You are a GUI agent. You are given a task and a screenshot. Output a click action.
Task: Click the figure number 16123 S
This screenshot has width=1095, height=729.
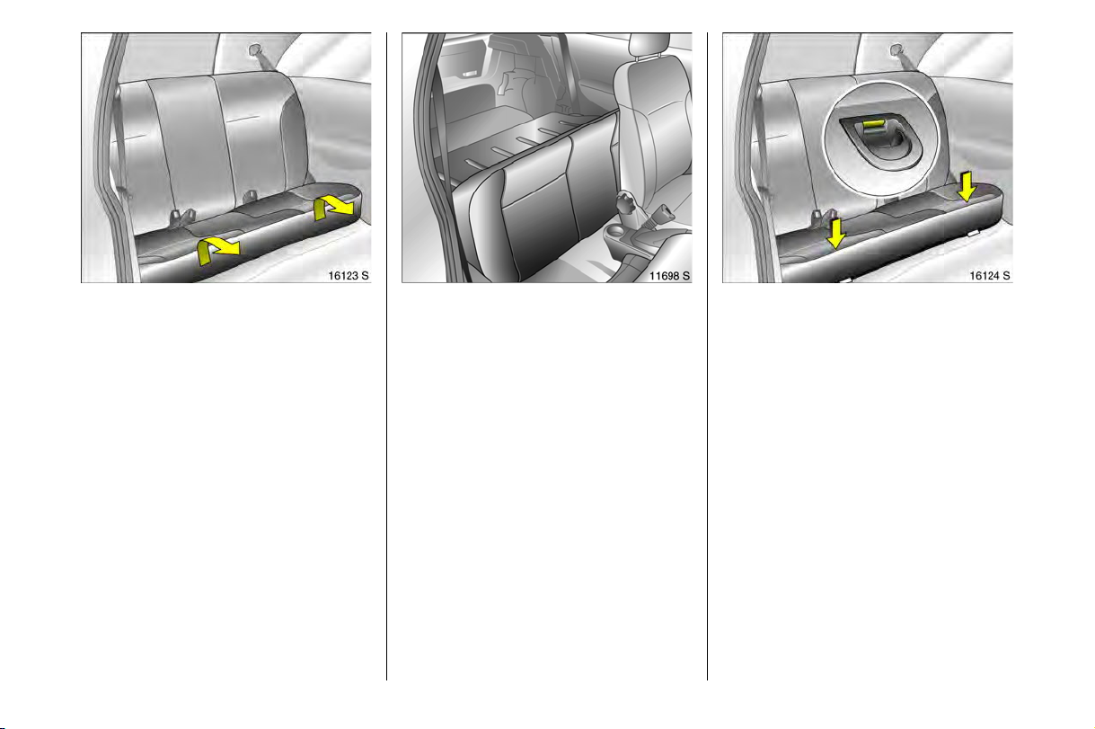coord(348,276)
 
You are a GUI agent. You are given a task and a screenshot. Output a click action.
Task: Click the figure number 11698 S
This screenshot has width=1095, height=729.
coord(669,276)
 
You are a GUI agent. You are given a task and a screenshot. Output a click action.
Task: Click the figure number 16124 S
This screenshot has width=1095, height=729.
coord(990,276)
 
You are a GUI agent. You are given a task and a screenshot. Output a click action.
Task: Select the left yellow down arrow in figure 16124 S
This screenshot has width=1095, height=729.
coord(836,234)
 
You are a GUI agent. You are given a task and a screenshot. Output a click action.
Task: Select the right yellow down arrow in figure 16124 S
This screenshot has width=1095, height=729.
coord(967,186)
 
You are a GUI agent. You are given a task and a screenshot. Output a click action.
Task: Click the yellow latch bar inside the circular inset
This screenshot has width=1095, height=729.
coord(873,124)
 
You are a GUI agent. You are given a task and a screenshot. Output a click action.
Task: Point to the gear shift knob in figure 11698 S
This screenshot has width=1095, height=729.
coord(626,202)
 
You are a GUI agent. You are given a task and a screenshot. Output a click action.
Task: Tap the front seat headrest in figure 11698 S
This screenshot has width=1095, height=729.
coord(649,45)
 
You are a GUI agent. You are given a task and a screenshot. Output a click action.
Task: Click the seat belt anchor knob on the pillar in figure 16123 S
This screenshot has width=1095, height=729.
coord(255,49)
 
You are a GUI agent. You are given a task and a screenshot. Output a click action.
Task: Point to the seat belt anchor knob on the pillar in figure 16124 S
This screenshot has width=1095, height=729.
coord(896,49)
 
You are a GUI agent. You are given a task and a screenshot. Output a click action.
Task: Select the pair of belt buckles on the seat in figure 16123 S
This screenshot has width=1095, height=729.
coord(181,218)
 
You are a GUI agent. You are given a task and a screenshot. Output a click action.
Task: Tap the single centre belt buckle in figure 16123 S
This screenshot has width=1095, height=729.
coord(250,197)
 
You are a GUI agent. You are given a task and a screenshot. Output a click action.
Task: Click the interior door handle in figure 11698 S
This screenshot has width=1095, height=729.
coord(468,74)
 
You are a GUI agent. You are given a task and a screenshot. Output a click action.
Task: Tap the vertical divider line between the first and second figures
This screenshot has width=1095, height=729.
coord(386,356)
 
